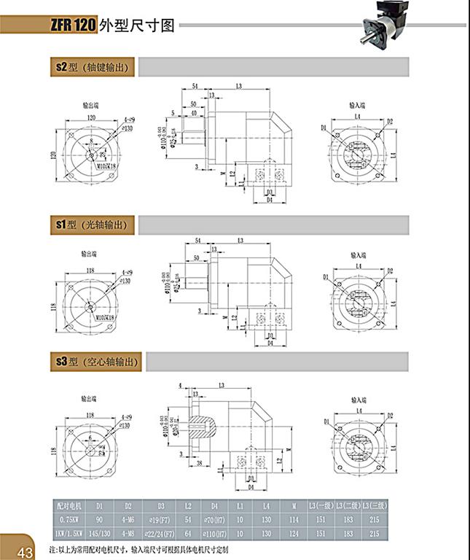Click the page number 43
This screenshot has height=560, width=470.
(x=24, y=550)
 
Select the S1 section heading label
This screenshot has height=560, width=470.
(x=91, y=225)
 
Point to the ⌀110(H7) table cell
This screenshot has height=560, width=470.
(x=215, y=533)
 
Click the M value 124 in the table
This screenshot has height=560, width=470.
(x=293, y=533)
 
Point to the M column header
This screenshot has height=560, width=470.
(x=293, y=504)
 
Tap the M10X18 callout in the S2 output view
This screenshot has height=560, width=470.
(x=106, y=167)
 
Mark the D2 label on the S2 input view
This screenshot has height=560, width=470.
(x=390, y=121)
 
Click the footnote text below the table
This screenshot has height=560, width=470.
(x=138, y=548)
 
